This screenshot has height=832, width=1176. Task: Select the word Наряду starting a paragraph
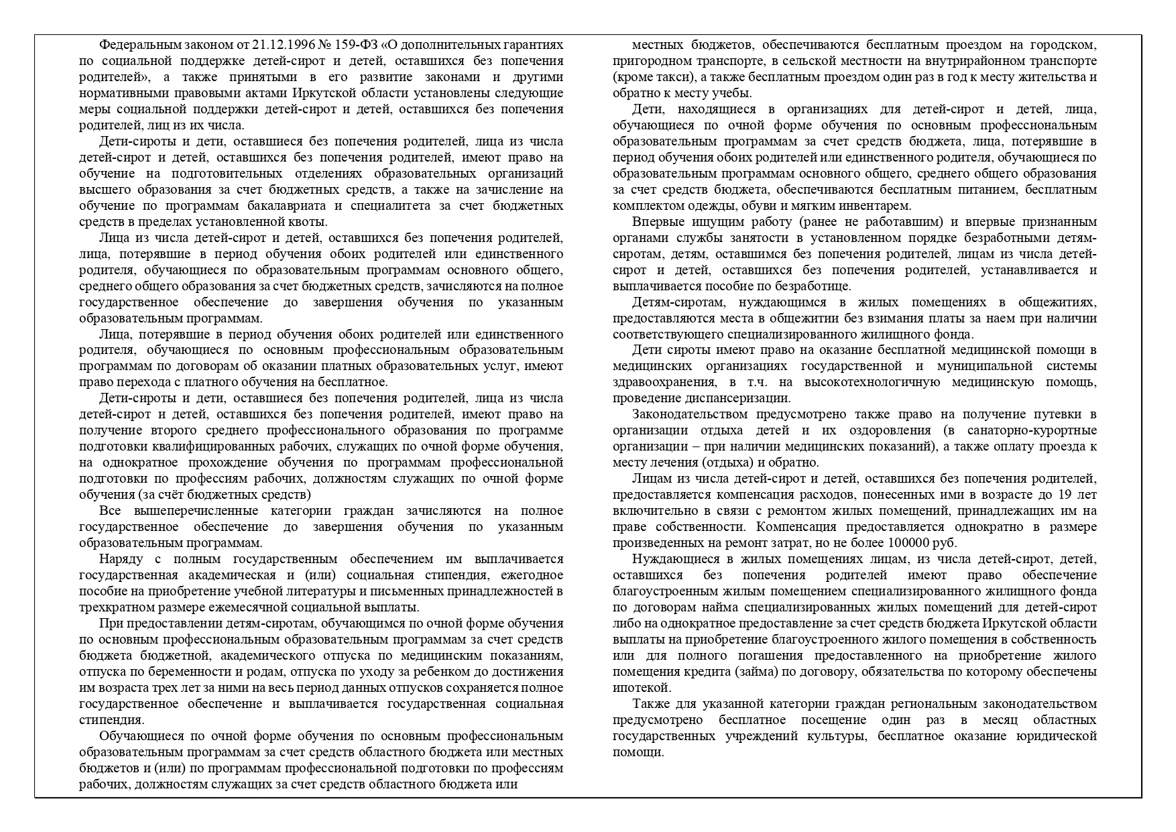tap(119, 559)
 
